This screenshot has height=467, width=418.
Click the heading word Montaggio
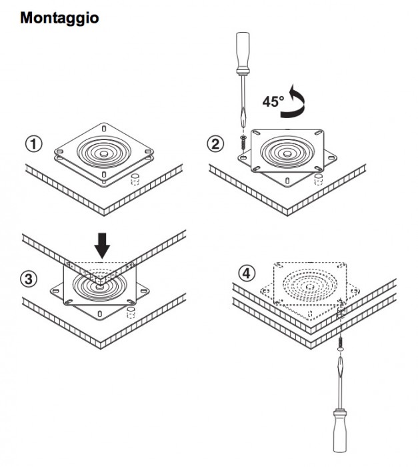tap(59, 18)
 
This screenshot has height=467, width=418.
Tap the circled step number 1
tap(33, 144)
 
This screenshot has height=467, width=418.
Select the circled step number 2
tap(215, 144)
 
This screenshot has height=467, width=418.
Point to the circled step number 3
tap(29, 280)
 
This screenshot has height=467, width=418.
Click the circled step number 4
tap(247, 274)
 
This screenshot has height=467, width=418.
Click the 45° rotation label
tap(273, 101)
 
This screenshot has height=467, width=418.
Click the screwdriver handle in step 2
tap(243, 53)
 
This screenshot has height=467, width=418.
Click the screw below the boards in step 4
tap(340, 343)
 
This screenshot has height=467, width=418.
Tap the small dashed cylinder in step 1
tap(135, 179)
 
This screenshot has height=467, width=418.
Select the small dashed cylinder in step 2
tap(319, 179)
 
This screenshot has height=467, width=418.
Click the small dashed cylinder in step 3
tap(131, 313)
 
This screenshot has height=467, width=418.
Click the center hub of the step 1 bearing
tap(104, 153)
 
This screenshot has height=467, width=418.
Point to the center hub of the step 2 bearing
tap(287, 153)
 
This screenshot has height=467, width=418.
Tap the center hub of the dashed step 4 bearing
tap(310, 287)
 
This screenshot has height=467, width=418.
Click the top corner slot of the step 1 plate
tap(104, 129)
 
